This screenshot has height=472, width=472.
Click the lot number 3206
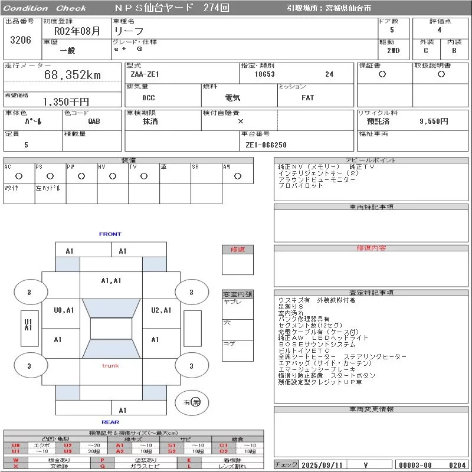(21, 41)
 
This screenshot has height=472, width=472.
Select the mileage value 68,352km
(73, 75)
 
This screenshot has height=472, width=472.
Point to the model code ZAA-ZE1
(145, 74)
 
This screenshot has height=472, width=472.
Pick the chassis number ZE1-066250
(266, 145)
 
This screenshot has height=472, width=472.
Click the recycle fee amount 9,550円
(434, 122)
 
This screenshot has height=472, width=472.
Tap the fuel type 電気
(232, 98)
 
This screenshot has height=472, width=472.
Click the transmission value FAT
(307, 98)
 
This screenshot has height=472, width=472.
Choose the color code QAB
(94, 122)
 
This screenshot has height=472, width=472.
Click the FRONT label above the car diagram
(110, 234)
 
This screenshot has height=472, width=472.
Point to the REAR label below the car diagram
(110, 422)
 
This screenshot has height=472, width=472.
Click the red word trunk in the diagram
(110, 366)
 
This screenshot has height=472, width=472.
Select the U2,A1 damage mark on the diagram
(161, 310)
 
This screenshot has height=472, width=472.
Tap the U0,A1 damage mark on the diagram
(64, 310)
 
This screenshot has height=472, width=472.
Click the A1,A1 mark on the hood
(111, 281)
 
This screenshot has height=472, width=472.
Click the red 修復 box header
(237, 250)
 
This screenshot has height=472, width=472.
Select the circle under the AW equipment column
(237, 176)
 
